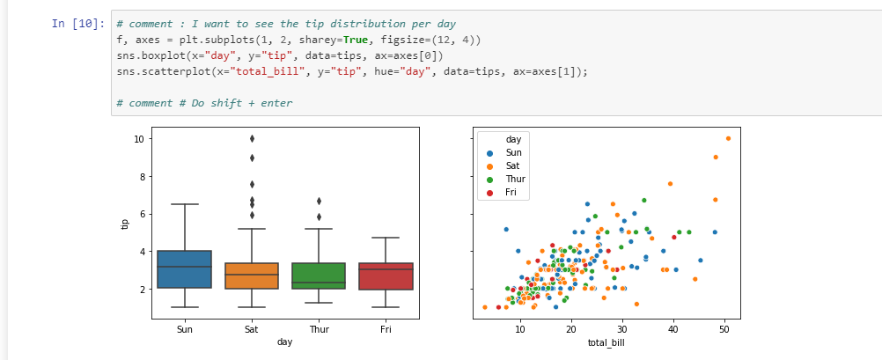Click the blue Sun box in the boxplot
(x=185, y=269)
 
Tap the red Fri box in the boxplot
(x=386, y=276)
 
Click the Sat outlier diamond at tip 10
(x=252, y=138)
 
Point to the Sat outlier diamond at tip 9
(x=252, y=158)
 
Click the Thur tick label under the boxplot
(x=319, y=329)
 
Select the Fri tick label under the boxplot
(x=386, y=329)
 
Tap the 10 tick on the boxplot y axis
(x=139, y=138)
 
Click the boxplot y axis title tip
(x=125, y=224)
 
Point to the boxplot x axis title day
(x=284, y=342)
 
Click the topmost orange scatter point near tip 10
(x=729, y=138)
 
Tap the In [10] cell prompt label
(x=77, y=24)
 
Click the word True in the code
(x=356, y=40)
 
